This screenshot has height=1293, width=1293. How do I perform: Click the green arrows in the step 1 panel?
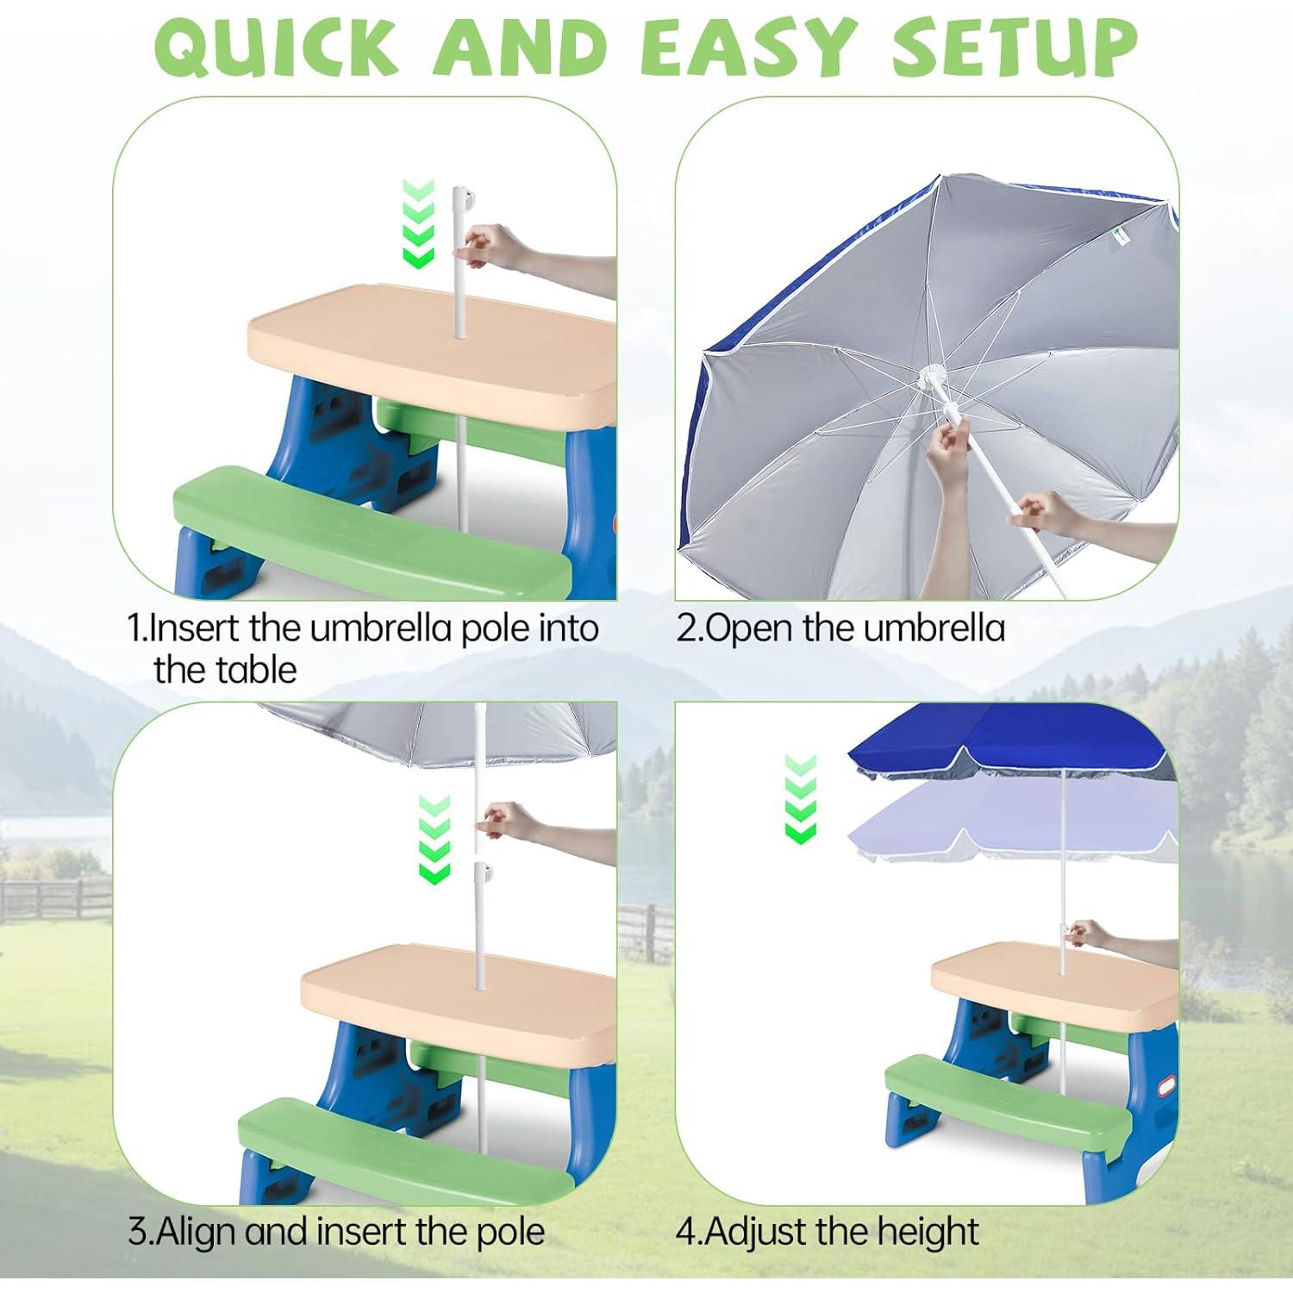point(419,224)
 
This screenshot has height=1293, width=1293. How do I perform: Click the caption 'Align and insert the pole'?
point(336,1232)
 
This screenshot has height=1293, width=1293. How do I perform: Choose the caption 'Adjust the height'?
point(828,1232)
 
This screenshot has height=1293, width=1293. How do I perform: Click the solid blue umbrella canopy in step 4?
point(1009,741)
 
